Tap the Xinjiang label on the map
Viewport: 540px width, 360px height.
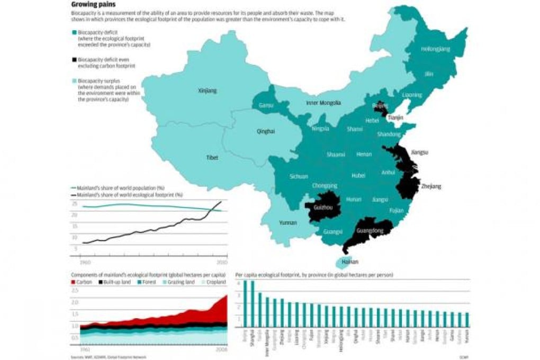207,91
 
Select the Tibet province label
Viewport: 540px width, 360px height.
212,158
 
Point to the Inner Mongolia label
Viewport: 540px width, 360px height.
323,103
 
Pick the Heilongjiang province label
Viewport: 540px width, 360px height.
435,49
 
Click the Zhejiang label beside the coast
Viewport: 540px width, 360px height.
431,186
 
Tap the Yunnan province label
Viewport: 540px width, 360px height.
287,223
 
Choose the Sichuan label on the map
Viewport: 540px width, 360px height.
299,176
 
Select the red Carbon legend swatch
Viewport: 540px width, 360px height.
74,282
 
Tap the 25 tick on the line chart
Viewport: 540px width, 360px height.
75,204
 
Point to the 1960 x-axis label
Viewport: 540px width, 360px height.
84,263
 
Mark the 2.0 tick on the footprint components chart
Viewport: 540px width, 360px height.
75,302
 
